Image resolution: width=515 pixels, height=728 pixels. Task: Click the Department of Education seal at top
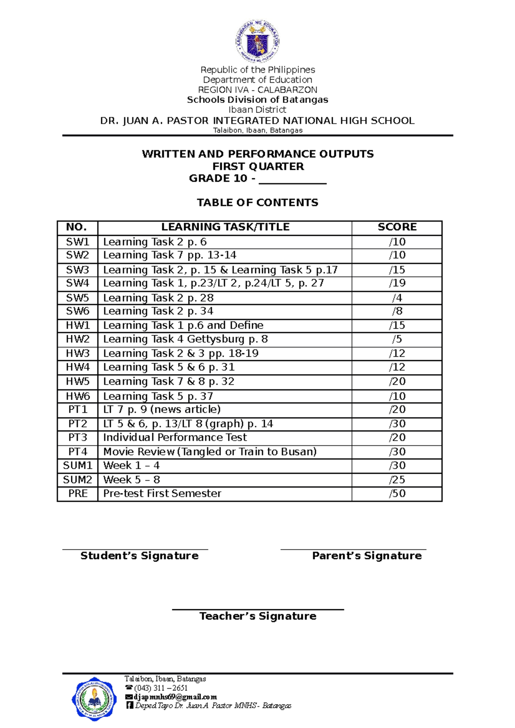pos(257,42)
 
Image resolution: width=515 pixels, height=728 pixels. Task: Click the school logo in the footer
pos(94,698)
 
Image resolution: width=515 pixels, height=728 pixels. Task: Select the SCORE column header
pos(397,227)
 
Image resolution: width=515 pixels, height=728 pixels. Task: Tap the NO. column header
pos(77,227)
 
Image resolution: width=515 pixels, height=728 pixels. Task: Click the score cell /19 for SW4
pos(397,283)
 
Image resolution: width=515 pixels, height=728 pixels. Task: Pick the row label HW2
pos(77,339)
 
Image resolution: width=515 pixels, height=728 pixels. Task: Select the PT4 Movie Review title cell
pos(210,451)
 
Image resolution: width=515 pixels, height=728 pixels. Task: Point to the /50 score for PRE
pos(397,493)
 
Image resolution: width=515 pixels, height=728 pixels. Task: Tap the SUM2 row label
pos(77,480)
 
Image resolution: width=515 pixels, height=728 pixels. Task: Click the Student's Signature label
pos(139,556)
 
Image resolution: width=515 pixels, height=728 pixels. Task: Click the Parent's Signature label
pos(367,556)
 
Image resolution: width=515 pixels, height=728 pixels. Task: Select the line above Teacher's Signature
pos(257,609)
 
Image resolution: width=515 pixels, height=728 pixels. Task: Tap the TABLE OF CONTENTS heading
pos(257,202)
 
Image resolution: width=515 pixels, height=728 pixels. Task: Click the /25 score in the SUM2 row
pos(397,480)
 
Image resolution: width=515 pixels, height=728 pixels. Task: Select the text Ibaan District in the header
pos(257,110)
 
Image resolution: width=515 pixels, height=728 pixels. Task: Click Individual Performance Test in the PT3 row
pos(175,437)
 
